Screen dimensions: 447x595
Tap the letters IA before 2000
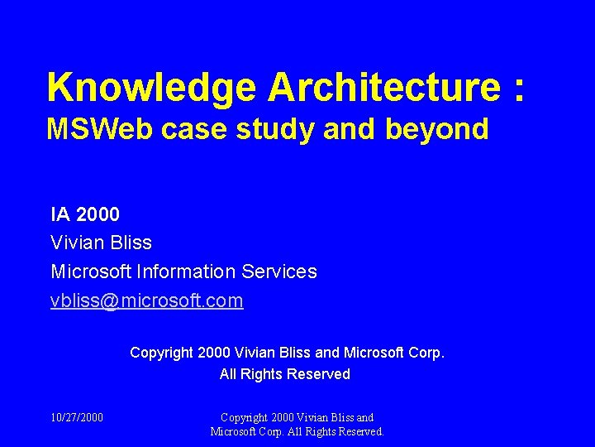click(60, 215)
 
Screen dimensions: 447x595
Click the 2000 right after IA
click(98, 215)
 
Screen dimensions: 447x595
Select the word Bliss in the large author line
click(130, 243)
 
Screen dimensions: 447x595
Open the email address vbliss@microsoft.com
click(147, 300)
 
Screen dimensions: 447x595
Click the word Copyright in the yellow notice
click(162, 353)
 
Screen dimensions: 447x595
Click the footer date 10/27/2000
click(77, 418)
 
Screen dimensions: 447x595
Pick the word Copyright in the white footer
click(246, 418)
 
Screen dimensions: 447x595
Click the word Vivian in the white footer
click(316, 418)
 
